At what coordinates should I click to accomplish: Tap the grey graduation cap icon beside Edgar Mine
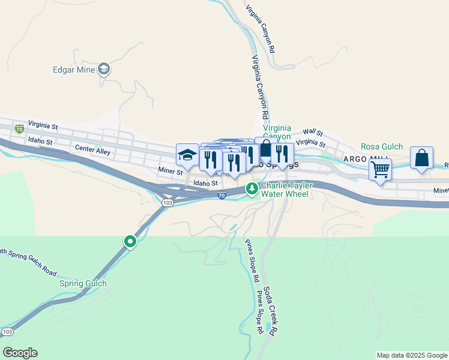click(104, 70)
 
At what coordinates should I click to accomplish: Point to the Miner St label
click(170, 172)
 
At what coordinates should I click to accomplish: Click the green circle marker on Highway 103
click(130, 241)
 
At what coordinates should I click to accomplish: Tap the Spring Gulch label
click(83, 283)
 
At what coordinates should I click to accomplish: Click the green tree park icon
click(253, 189)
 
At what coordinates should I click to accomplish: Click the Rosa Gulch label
click(382, 146)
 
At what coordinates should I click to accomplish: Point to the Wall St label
click(313, 132)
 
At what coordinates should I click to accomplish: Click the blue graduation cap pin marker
click(187, 155)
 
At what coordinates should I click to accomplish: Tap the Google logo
click(20, 353)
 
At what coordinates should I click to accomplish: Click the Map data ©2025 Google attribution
click(412, 355)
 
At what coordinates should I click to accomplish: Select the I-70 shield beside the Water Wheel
click(221, 196)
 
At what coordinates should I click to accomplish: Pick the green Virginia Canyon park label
click(277, 133)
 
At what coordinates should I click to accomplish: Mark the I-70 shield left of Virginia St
click(20, 128)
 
